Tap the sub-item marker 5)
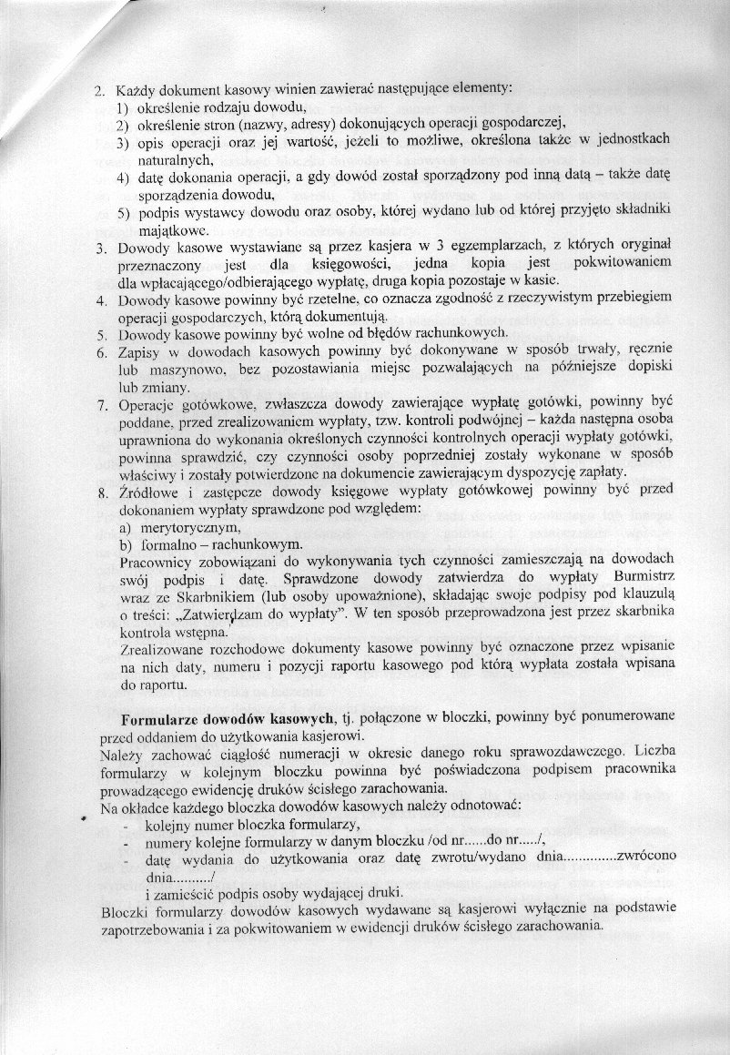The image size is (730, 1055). pyautogui.click(x=122, y=212)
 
